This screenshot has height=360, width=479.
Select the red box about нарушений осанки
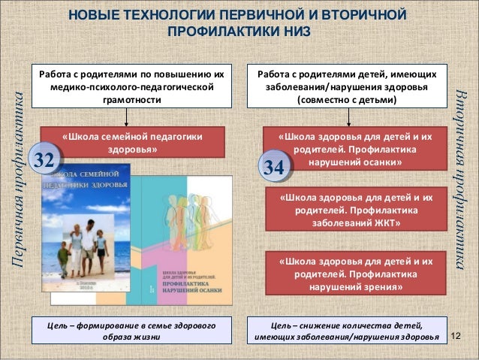[x=355, y=150]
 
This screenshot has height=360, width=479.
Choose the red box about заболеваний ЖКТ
[x=355, y=211]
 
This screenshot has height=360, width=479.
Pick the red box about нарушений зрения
[x=355, y=274]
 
